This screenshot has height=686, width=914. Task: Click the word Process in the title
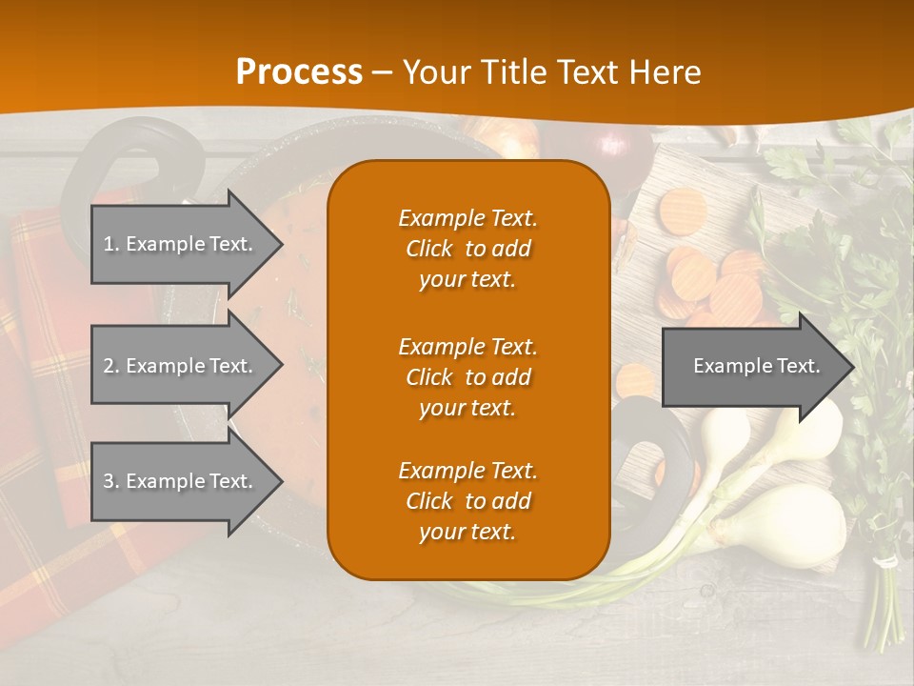pyautogui.click(x=299, y=71)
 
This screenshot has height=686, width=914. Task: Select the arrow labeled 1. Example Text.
pyautogui.click(x=181, y=244)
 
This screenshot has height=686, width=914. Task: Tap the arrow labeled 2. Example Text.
pyautogui.click(x=181, y=366)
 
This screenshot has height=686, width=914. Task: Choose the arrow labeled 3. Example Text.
pyautogui.click(x=181, y=481)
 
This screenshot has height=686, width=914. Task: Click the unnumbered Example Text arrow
pyautogui.click(x=752, y=366)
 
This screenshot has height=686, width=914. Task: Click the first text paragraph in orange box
pyautogui.click(x=467, y=249)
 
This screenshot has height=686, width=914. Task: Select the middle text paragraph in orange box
pyautogui.click(x=467, y=376)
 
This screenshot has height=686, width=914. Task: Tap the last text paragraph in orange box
pyautogui.click(x=467, y=501)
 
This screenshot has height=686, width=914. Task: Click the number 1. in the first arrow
pyautogui.click(x=111, y=244)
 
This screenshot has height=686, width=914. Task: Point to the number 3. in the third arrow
pyautogui.click(x=111, y=481)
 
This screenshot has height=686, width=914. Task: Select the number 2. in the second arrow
pyautogui.click(x=111, y=366)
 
